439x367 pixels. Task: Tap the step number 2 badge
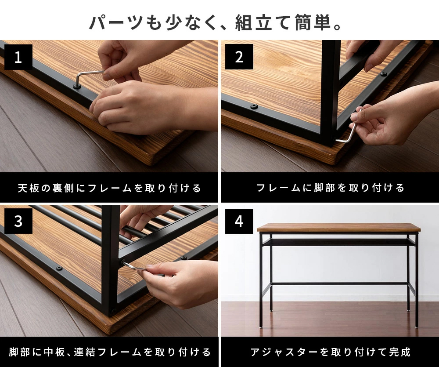(239, 57)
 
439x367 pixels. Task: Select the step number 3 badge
(18, 221)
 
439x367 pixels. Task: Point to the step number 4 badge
(239, 221)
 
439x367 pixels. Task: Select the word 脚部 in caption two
(324, 188)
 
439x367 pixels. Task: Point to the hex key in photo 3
(133, 265)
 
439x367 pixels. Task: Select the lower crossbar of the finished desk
(340, 284)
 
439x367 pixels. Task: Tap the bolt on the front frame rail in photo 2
(254, 106)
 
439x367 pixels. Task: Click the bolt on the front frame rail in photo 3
(59, 268)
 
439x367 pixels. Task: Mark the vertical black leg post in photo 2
(331, 93)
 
